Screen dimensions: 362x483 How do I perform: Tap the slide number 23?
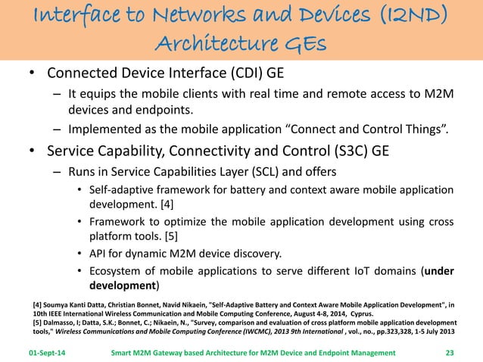(x=453, y=352)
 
